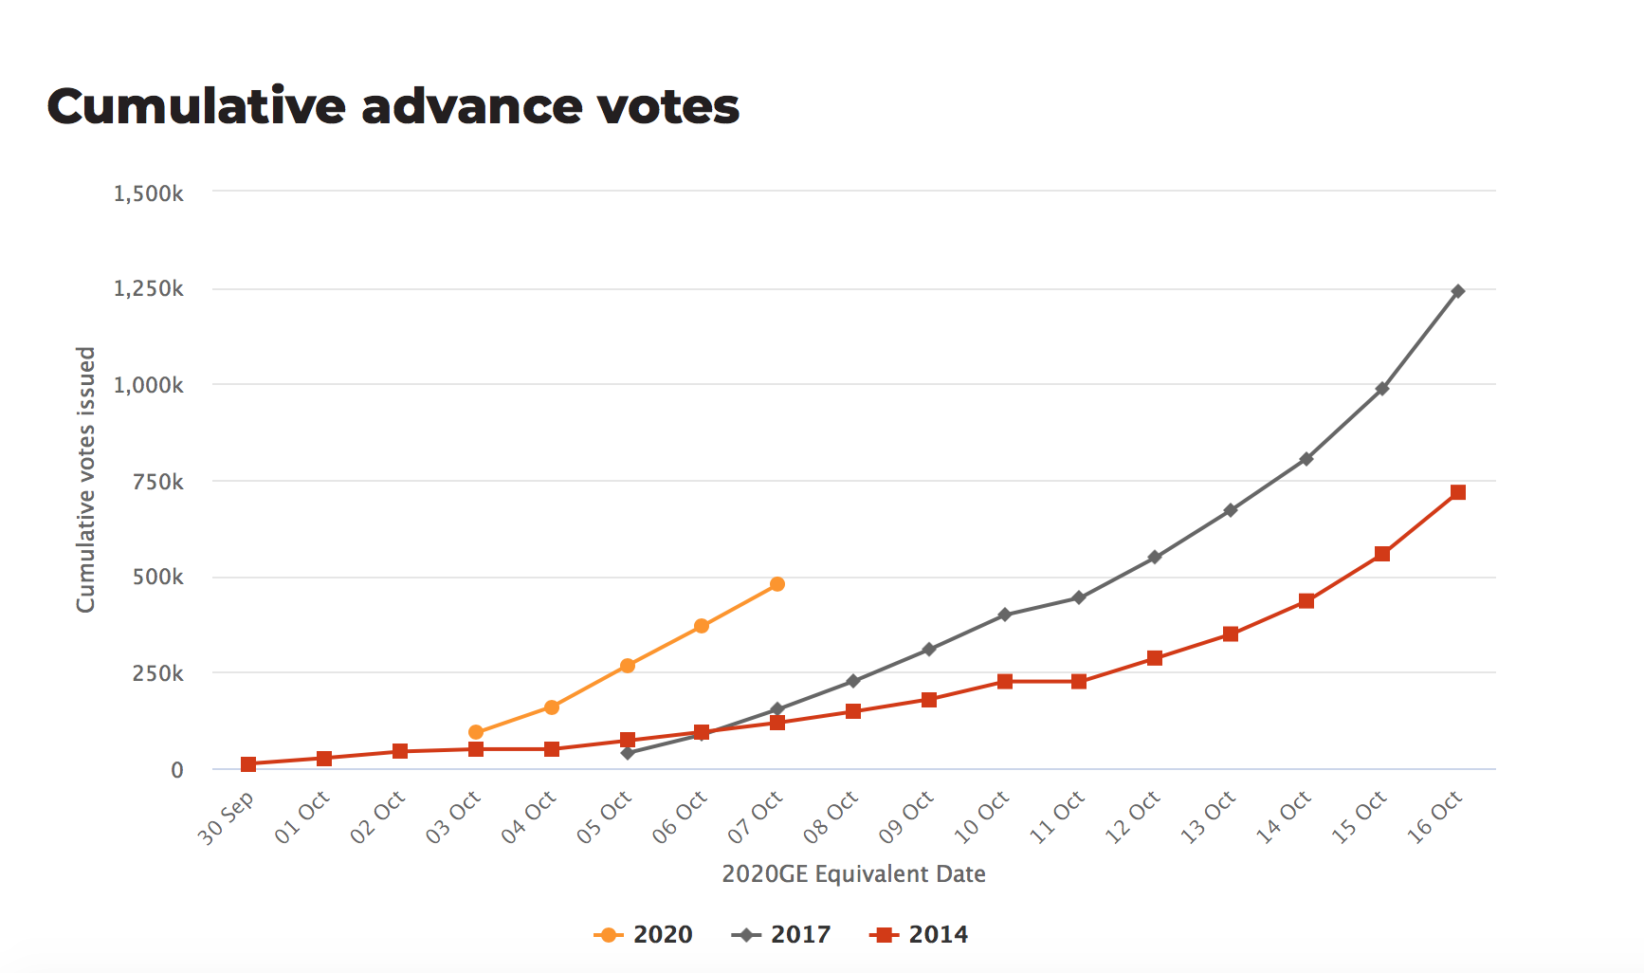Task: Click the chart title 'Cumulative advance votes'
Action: pos(393,106)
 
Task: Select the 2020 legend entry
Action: pos(644,935)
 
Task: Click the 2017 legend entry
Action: pos(782,935)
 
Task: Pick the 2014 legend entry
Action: pos(920,935)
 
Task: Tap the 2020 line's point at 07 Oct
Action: pos(777,584)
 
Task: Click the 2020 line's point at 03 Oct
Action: pos(476,732)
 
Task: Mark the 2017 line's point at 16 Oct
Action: pos(1458,291)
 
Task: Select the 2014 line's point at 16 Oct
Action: pos(1458,492)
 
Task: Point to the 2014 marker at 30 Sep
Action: pos(248,764)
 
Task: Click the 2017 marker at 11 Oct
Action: pos(1079,597)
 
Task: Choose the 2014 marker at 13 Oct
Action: pos(1231,634)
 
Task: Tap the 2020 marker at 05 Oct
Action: pos(628,666)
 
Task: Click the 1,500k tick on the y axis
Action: pos(149,193)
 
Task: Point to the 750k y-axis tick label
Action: pos(158,482)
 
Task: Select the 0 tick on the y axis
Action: pos(177,770)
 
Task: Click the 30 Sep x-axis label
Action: pos(227,817)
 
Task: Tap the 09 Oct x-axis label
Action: pos(906,817)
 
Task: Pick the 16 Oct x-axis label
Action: pos(1435,817)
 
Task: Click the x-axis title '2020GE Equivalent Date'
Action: pos(853,874)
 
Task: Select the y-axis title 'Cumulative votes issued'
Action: pos(86,480)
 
